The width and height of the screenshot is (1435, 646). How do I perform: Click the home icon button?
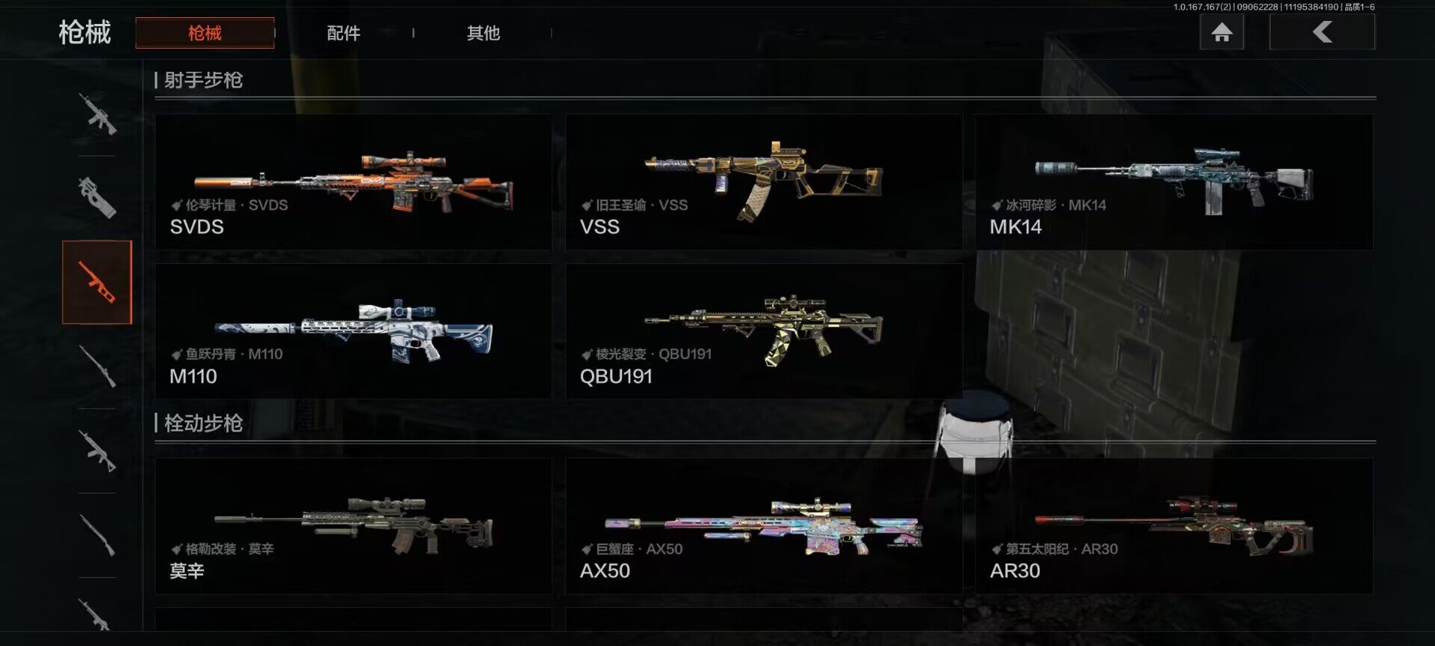click(x=1221, y=32)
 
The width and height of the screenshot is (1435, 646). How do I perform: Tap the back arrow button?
click(x=1322, y=32)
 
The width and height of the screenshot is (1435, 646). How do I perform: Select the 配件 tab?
click(x=344, y=33)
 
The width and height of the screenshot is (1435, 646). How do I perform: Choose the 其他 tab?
click(x=483, y=33)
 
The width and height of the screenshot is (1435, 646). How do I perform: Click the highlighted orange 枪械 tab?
click(x=205, y=33)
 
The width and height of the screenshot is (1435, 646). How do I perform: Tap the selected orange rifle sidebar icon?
click(x=97, y=283)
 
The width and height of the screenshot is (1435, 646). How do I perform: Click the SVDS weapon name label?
click(x=197, y=227)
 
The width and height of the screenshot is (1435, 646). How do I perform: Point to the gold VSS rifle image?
click(x=764, y=180)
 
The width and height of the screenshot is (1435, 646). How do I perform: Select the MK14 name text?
click(x=1016, y=227)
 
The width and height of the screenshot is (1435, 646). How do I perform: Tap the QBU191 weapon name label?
click(x=616, y=376)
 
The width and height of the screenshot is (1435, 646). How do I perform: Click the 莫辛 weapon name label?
click(x=187, y=571)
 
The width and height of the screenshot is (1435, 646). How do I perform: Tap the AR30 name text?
click(x=1015, y=571)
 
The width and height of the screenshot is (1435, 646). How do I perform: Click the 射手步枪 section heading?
click(x=203, y=80)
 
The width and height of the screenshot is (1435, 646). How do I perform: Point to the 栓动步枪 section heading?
click(x=203, y=423)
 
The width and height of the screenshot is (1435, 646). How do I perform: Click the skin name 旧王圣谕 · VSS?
click(x=641, y=205)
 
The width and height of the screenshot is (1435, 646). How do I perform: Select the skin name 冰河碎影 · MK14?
click(x=1055, y=205)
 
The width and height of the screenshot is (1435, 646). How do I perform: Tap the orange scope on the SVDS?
click(x=404, y=161)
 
